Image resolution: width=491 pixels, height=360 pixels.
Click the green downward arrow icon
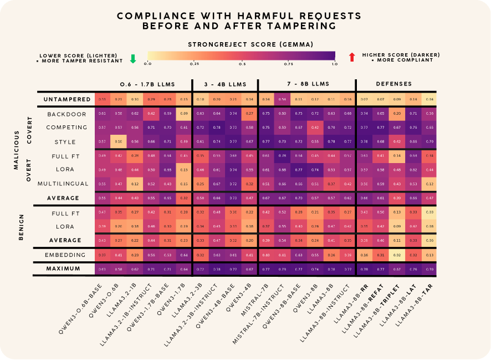132,58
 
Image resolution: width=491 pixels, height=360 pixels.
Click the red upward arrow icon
352,57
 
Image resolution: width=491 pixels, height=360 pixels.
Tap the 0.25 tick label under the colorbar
195,64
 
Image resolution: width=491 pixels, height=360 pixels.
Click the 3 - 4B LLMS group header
225,84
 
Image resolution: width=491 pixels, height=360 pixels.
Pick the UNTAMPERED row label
67,99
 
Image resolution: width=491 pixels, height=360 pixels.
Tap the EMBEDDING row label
65,255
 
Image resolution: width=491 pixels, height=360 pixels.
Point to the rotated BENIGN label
21,226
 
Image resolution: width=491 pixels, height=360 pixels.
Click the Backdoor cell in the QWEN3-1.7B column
184,114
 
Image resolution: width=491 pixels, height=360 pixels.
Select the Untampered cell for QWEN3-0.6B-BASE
102,99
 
